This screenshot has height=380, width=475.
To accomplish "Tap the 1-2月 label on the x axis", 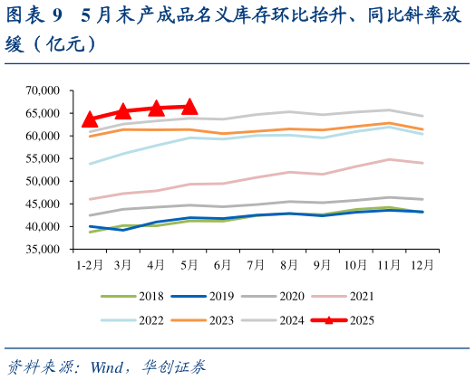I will click(x=89, y=265).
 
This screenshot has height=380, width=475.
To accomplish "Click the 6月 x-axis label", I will click(x=222, y=265).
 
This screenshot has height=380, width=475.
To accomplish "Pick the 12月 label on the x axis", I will click(x=421, y=265).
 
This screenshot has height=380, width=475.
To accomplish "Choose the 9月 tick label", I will click(x=321, y=265).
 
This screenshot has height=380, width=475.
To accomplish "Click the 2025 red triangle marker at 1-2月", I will click(x=90, y=119).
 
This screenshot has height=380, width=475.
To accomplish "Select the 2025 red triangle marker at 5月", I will click(x=189, y=107).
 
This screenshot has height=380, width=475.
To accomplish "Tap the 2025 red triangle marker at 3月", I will click(x=123, y=111).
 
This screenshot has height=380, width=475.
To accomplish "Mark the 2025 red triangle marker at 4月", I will click(x=156, y=109).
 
